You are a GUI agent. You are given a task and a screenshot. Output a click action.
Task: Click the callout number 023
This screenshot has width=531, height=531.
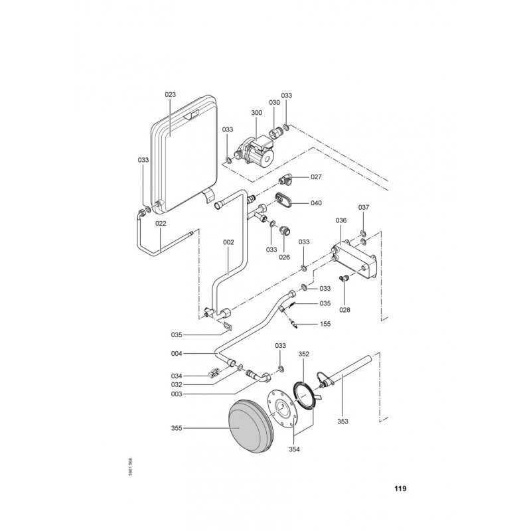point(170,95)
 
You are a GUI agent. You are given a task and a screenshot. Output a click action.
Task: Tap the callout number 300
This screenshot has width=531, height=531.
point(256,114)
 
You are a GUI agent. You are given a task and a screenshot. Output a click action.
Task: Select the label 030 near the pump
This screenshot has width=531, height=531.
point(274,103)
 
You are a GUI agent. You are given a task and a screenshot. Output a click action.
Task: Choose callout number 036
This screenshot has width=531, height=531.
point(341,221)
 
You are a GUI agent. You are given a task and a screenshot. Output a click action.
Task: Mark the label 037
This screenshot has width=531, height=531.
point(363,208)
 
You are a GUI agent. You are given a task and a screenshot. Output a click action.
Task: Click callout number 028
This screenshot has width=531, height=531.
point(344,310)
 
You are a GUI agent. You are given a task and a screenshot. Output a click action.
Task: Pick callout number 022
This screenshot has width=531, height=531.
point(161,224)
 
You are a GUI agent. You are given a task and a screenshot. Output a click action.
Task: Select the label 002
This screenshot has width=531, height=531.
point(228,242)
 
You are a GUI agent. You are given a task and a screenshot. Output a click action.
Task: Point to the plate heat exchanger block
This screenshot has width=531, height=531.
point(354,258)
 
